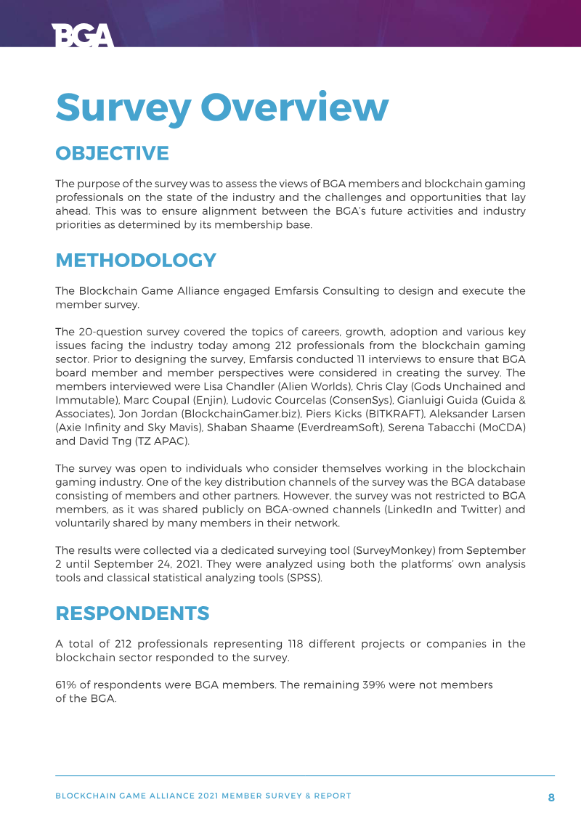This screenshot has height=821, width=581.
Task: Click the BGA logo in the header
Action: pyautogui.click(x=83, y=36)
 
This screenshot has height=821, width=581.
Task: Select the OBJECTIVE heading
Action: pyautogui.click(x=112, y=153)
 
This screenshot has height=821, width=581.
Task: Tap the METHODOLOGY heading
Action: pyautogui.click(x=136, y=260)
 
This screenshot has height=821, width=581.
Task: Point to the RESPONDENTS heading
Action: pyautogui.click(x=132, y=613)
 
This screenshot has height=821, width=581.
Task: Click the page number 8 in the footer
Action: pyautogui.click(x=551, y=797)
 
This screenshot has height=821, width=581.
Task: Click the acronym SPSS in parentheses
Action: pyautogui.click(x=304, y=578)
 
